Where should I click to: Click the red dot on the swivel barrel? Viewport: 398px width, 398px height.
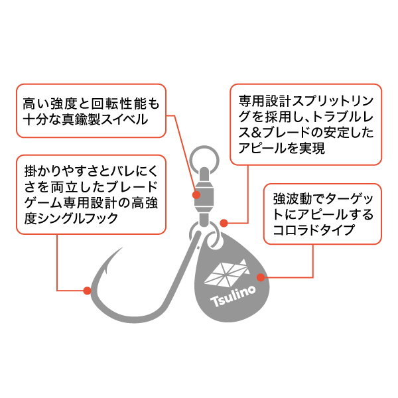tap(196, 195)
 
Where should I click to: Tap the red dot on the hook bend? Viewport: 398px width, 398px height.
tap(87, 291)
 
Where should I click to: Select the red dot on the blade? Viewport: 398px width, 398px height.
tap(261, 277)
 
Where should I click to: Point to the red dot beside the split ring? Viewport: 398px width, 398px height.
tap(224, 224)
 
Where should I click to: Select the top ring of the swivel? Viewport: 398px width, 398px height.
tap(204, 159)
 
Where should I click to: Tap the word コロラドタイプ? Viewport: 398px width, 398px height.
tap(314, 230)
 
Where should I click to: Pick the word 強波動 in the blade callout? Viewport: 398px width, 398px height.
tap(293, 199)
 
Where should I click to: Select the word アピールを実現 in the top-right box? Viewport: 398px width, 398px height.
tap(281, 148)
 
